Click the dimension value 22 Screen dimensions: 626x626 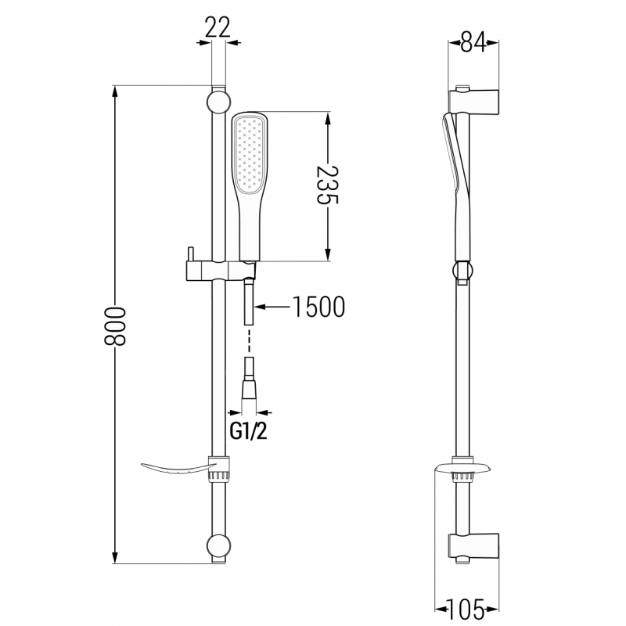219,27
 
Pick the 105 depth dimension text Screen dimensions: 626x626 469,606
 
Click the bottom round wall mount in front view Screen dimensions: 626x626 219,545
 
